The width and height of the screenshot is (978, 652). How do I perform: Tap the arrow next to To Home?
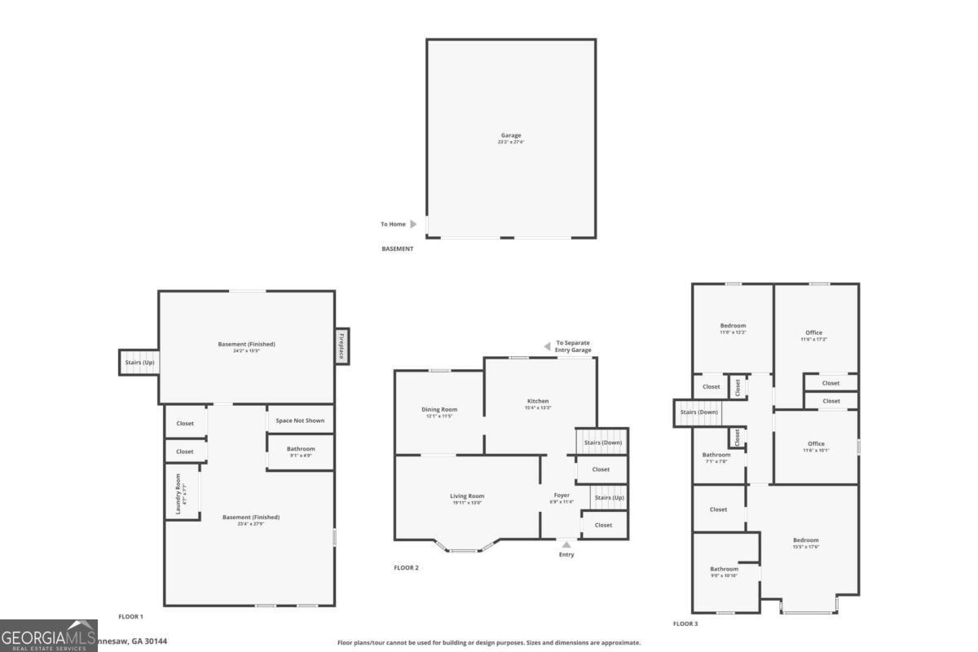413,224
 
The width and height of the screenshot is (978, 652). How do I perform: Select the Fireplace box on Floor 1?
341,346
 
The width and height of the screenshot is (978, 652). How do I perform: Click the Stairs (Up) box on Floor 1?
139,362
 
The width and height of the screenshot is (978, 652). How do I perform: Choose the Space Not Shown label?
300,421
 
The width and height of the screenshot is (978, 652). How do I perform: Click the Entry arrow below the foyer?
566,544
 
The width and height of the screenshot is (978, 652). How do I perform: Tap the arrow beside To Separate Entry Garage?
547,346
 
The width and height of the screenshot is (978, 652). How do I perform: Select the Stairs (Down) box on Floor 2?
602,442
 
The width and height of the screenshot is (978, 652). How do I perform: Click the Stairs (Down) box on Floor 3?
698,412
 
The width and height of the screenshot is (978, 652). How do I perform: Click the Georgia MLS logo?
48,636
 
